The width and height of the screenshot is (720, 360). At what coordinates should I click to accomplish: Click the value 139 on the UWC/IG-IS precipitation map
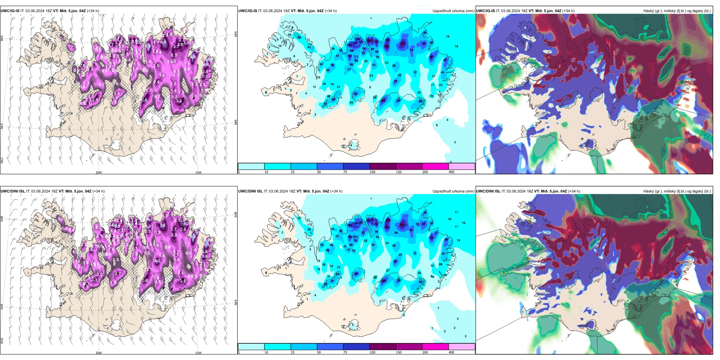click(x=402, y=44)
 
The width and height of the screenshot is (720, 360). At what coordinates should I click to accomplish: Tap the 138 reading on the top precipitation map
click(x=387, y=47)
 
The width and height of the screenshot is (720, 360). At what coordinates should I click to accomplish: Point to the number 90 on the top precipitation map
click(x=424, y=44)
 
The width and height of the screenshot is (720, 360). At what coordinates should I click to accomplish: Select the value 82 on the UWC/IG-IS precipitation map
click(x=445, y=60)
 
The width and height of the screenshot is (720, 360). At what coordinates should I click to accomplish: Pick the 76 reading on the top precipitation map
click(x=355, y=94)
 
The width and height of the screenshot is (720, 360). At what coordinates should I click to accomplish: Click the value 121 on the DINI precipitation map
click(x=388, y=228)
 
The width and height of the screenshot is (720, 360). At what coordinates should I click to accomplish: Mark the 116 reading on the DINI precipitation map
click(x=402, y=225)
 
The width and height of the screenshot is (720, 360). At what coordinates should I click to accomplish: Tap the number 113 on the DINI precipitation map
click(x=431, y=238)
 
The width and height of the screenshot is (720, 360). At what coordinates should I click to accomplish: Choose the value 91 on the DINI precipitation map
click(x=424, y=224)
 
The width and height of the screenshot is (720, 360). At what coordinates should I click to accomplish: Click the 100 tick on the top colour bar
click(x=373, y=172)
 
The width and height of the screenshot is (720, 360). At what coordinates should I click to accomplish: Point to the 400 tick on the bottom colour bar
click(x=451, y=352)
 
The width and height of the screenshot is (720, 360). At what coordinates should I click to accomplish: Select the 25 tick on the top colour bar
click(x=293, y=172)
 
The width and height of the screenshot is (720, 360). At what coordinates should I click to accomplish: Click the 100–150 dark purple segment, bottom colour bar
click(x=382, y=347)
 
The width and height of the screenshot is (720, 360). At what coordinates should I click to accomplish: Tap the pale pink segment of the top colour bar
click(x=462, y=166)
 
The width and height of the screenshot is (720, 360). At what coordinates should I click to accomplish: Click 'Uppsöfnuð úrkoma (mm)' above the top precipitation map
click(x=453, y=11)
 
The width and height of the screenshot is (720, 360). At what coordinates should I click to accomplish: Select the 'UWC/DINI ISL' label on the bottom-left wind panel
click(x=13, y=191)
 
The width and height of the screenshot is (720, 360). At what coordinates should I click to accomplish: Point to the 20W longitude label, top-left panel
click(x=99, y=172)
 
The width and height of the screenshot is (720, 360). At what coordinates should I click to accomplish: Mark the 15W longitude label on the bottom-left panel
click(x=198, y=353)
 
